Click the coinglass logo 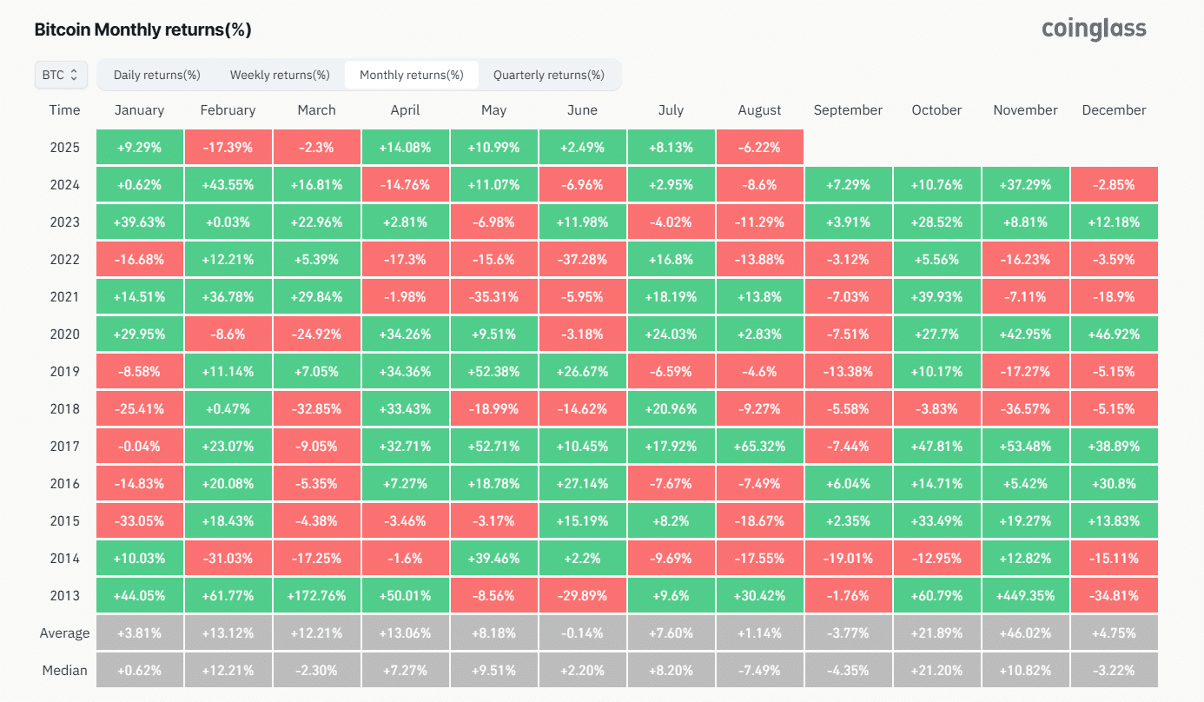1094,29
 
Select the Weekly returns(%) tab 280,75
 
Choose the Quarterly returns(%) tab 548,75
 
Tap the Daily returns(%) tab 157,75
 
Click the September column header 848,110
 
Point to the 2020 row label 65,334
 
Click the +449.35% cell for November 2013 1025,596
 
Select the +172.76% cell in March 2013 316,596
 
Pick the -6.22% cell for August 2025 759,148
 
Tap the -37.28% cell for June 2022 582,260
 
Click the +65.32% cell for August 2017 759,447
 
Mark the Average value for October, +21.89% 936,633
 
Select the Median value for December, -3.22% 1114,671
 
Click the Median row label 65,671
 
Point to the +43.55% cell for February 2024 228,185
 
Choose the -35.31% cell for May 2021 493,297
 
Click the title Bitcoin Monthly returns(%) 142,30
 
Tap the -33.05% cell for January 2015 139,521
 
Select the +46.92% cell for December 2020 1114,334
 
